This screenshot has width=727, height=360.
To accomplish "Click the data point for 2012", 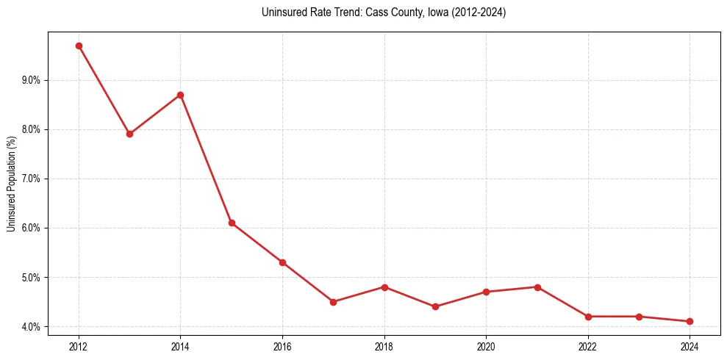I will click(x=79, y=46).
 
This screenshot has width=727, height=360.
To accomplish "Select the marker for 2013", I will click(x=129, y=134).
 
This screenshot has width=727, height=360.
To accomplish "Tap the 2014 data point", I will click(x=180, y=95).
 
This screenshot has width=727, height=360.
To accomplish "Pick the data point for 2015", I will click(x=232, y=223).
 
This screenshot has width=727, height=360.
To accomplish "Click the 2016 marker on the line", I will click(x=282, y=262).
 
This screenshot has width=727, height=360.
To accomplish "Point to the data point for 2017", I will click(x=333, y=302).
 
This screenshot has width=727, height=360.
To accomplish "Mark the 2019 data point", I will click(x=435, y=306).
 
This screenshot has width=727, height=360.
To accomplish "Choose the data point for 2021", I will click(x=537, y=287).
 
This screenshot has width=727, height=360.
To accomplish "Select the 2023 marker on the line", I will click(x=639, y=317).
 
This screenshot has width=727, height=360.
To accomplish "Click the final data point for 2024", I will click(x=690, y=321).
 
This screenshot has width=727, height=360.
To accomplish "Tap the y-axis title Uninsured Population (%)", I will click(x=11, y=184).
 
